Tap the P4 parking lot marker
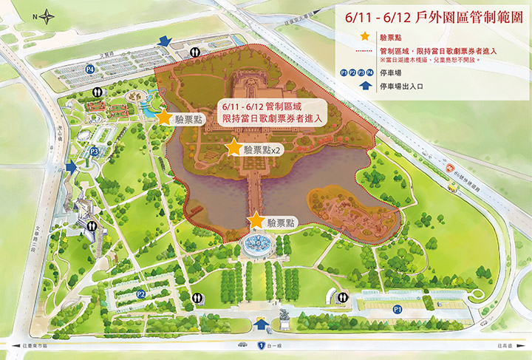(x=90, y=69)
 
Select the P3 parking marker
(x=95, y=152)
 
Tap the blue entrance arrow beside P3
(x=72, y=167)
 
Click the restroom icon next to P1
(x=341, y=297)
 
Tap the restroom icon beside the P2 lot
(x=198, y=298)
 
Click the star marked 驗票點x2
(x=233, y=148)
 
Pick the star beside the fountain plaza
(x=256, y=220)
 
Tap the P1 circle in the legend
(x=346, y=73)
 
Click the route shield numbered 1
(x=261, y=345)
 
